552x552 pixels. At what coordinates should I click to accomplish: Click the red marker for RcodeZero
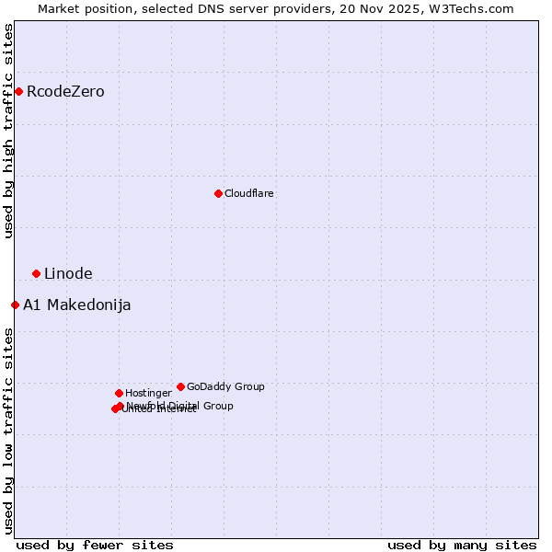(18, 91)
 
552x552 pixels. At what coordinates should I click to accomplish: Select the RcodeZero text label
(65, 92)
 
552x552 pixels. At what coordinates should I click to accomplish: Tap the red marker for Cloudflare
(218, 193)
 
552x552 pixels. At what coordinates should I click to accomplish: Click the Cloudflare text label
(248, 194)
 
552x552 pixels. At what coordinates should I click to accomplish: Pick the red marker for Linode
(36, 273)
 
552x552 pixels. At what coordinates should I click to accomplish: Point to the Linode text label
(68, 274)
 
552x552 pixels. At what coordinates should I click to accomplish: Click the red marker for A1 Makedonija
(15, 305)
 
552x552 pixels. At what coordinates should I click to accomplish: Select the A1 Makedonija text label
(76, 305)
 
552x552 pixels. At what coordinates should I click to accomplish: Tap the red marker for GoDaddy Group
(180, 386)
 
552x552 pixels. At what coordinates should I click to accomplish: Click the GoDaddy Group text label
(225, 387)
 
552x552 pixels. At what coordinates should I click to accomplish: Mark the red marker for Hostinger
(119, 393)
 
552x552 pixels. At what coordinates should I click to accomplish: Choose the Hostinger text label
(148, 394)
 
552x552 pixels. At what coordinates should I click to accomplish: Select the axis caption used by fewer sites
(95, 545)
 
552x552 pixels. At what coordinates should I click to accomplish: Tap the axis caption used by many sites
(462, 545)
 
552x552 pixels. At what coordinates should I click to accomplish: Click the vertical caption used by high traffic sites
(9, 132)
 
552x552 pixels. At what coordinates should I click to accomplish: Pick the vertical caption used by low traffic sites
(9, 431)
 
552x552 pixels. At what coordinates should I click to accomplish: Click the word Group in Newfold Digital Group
(217, 406)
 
